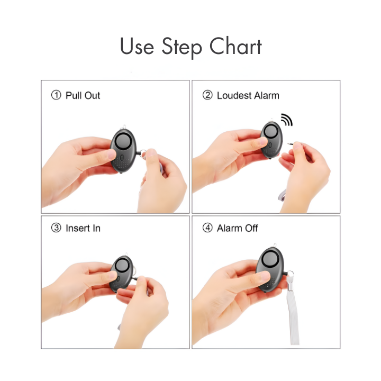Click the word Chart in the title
(x=235, y=46)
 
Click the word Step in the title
(x=182, y=48)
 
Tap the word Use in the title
(x=137, y=46)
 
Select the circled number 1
(x=56, y=95)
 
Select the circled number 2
(x=207, y=95)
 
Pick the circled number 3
(x=56, y=228)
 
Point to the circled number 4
(x=207, y=228)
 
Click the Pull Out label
(x=83, y=95)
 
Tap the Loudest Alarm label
(x=248, y=95)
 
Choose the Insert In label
(x=83, y=228)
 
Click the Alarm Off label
(x=238, y=228)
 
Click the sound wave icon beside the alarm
(x=287, y=120)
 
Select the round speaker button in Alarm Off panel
(x=269, y=259)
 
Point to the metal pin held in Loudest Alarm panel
(x=291, y=144)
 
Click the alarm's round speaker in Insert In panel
(x=122, y=266)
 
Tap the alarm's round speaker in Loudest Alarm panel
(x=271, y=131)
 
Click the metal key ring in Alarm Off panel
(x=291, y=274)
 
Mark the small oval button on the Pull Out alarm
(x=122, y=158)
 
